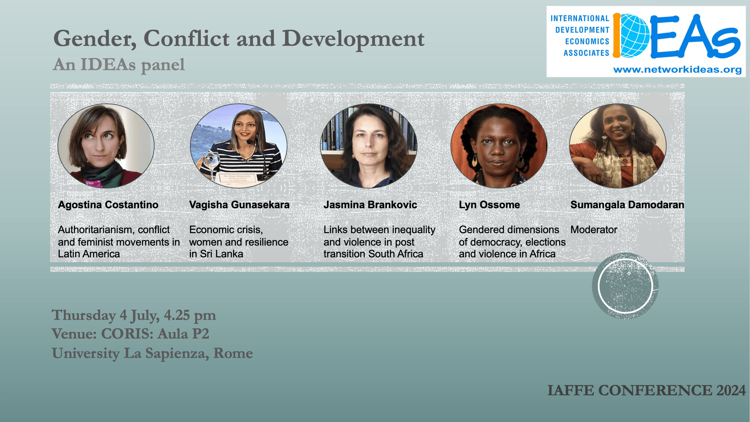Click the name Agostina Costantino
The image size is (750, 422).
tap(108, 205)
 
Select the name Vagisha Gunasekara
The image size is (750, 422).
tap(239, 205)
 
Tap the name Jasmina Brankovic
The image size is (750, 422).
tap(370, 205)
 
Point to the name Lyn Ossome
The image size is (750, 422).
tap(489, 205)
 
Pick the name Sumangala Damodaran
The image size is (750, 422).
tap(627, 205)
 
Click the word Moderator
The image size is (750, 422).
tap(594, 230)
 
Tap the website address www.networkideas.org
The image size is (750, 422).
tap(677, 70)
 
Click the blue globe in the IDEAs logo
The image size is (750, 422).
tap(635, 36)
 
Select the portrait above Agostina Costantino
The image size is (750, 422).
tap(106, 146)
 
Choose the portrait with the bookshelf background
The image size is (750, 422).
tap(369, 146)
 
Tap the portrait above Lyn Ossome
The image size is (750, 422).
tap(499, 146)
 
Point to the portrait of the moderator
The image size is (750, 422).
tap(618, 146)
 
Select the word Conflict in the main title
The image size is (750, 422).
tap(186, 38)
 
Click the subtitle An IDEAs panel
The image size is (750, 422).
tap(119, 65)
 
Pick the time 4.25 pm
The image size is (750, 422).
tap(190, 315)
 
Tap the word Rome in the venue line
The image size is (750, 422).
tap(233, 353)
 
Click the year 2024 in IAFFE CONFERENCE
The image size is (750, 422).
tap(731, 391)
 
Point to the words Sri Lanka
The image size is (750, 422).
tap(221, 254)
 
